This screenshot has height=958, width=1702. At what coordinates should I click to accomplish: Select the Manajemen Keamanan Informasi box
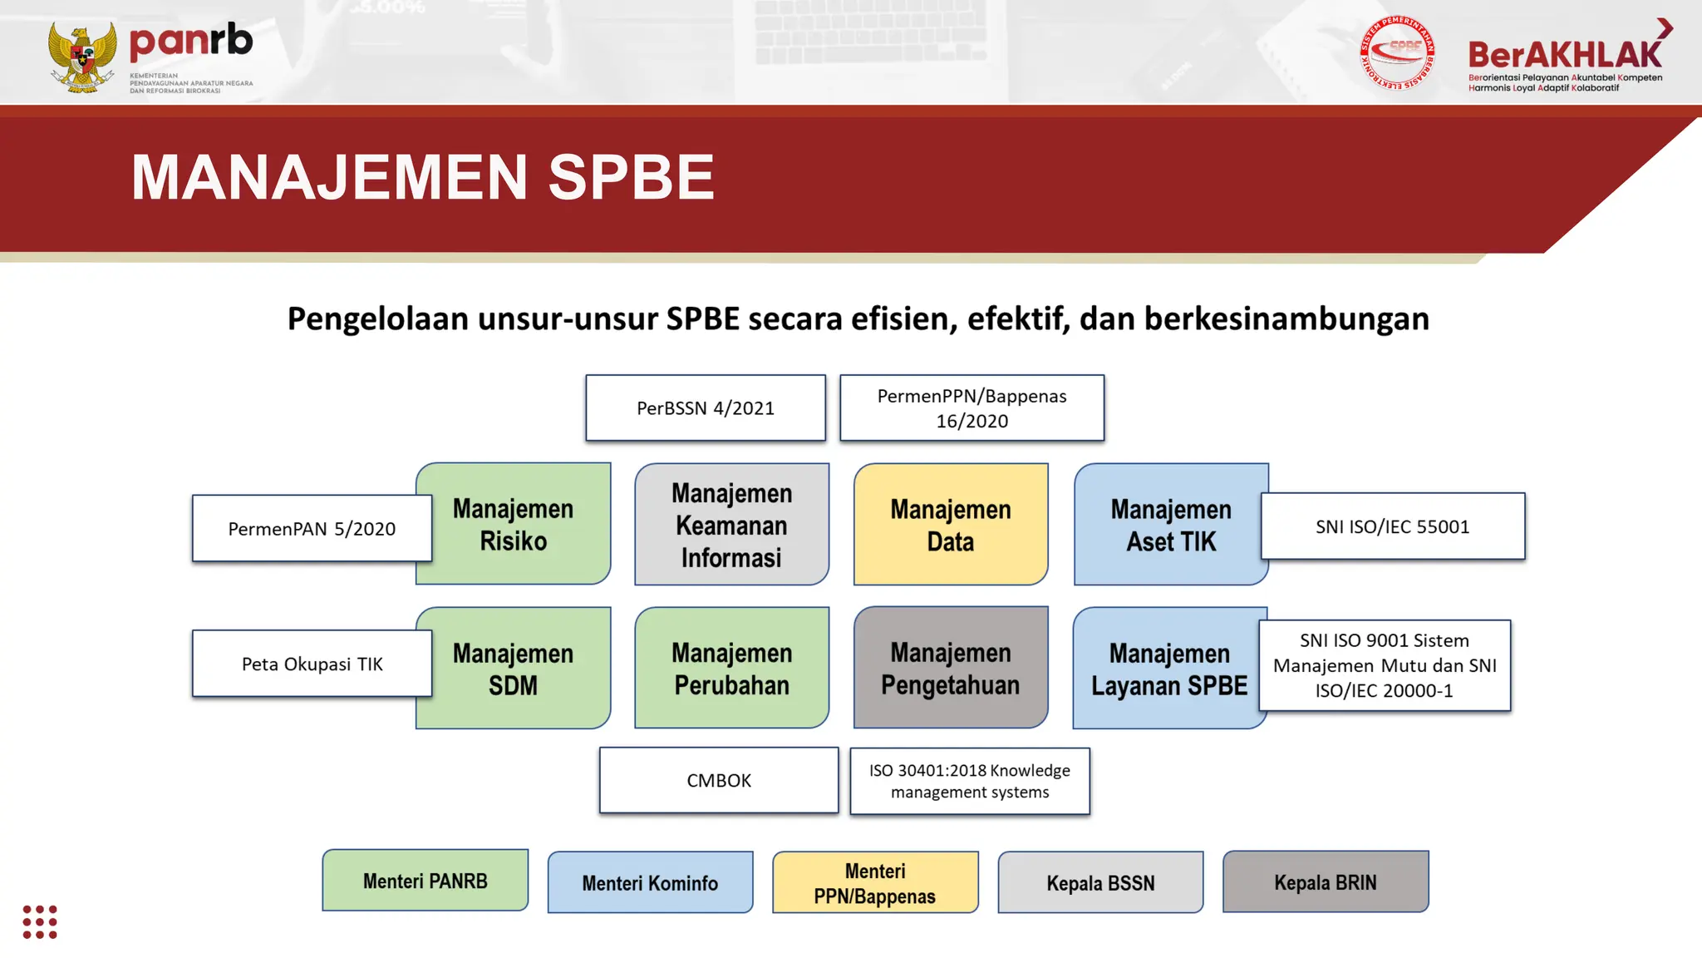click(x=731, y=525)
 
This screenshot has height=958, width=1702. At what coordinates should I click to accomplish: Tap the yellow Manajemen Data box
click(x=951, y=525)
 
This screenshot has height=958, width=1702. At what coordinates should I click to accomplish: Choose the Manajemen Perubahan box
click(x=731, y=669)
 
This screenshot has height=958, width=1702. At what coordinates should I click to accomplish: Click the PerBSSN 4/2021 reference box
click(x=706, y=408)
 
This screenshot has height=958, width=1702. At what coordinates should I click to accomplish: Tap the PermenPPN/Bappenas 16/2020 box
click(x=972, y=408)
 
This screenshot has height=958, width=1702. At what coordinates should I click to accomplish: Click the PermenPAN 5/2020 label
click(x=312, y=529)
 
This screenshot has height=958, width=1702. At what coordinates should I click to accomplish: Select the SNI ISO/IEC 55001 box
click(x=1393, y=526)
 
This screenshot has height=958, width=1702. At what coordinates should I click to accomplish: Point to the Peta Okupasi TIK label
click(x=312, y=664)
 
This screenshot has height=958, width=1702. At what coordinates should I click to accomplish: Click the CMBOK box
click(x=719, y=780)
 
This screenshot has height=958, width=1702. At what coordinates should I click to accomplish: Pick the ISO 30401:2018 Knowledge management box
click(x=970, y=781)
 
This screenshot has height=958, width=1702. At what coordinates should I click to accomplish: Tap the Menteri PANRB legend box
click(x=425, y=881)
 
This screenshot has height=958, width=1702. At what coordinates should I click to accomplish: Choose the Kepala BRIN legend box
click(x=1326, y=881)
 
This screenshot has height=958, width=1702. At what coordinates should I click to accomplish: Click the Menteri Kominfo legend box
click(x=650, y=882)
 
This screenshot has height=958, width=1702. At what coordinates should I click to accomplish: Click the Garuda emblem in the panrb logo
click(x=82, y=57)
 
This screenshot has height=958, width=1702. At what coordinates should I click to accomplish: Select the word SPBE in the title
click(x=631, y=177)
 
